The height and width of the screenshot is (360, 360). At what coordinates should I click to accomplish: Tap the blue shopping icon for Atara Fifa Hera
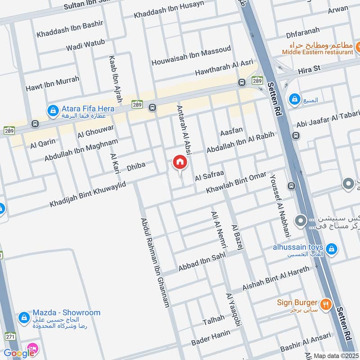(53, 110)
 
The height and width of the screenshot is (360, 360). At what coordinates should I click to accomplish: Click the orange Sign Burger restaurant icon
(327, 304)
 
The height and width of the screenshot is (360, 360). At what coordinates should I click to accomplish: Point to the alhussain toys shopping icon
(331, 248)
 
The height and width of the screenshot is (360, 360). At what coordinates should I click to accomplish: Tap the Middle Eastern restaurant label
(318, 52)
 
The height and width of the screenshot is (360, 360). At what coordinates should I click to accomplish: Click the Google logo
(19, 352)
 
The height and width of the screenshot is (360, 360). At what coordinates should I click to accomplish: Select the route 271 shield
(10, 336)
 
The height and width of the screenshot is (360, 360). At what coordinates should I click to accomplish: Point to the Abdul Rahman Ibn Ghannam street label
(155, 263)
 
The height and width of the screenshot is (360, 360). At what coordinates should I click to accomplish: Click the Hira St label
(310, 70)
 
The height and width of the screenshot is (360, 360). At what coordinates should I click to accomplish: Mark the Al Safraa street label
(209, 176)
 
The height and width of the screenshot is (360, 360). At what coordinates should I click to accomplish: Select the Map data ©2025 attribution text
(335, 355)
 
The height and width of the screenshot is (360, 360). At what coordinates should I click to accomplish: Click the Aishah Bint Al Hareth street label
(276, 278)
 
